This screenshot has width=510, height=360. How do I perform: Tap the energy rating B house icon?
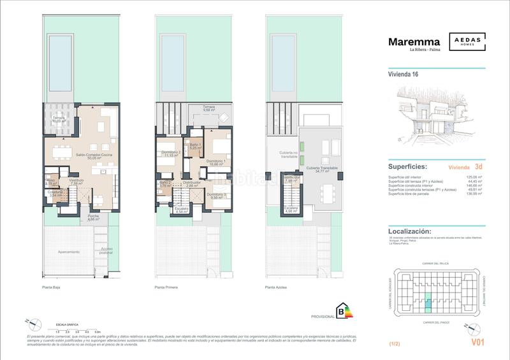pyautogui.click(x=345, y=312)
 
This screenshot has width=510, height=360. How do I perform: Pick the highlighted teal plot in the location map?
pyautogui.click(x=428, y=303)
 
